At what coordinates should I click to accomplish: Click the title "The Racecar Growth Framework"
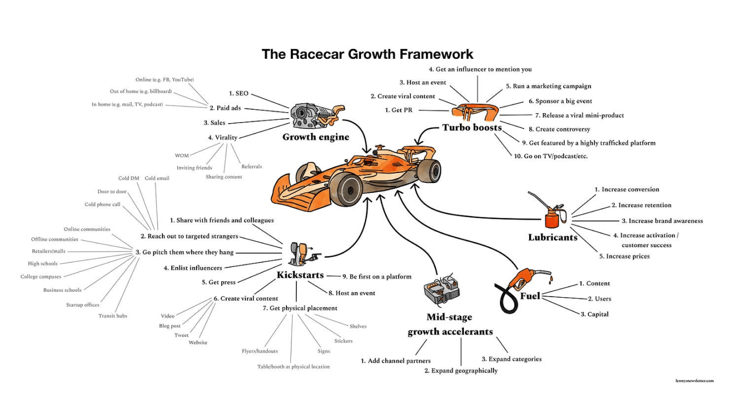[367, 54]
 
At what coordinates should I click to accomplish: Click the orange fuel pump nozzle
[524, 278]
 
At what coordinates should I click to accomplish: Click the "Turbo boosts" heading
[472, 128]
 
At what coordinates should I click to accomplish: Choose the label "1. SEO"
[239, 94]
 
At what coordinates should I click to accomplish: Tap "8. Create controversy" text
[559, 130]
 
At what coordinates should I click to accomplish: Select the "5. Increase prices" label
[624, 257]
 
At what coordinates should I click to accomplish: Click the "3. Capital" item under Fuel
[594, 314]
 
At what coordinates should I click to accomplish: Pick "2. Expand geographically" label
[461, 371]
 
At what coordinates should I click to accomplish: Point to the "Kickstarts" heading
[300, 275]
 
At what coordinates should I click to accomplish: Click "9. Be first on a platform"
[377, 277]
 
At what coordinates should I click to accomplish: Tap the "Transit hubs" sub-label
[113, 316]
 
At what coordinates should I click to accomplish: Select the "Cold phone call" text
[103, 205]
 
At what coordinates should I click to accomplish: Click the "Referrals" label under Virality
[252, 166]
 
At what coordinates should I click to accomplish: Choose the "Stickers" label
[344, 341]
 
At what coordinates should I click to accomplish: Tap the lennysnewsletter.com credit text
[695, 380]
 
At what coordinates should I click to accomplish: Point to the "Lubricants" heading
[553, 238]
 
